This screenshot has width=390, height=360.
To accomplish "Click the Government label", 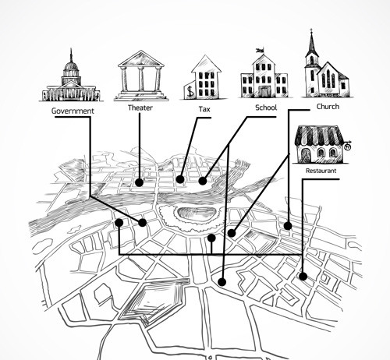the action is click(x=73, y=111).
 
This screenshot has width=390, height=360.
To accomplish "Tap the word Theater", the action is click(x=140, y=108).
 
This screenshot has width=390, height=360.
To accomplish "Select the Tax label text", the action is click(x=204, y=109).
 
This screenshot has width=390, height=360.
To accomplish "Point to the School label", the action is click(x=266, y=108).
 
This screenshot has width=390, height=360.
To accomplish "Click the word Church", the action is click(x=328, y=107).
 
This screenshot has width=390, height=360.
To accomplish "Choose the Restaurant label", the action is click(x=321, y=171).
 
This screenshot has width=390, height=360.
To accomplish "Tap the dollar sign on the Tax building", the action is click(x=191, y=91).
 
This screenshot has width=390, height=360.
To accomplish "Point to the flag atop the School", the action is click(x=261, y=50).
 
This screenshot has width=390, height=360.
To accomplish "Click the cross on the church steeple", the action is click(x=311, y=30).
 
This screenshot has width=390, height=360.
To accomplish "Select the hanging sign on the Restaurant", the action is click(x=348, y=147).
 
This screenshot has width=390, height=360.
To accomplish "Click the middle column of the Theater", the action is click(x=141, y=79).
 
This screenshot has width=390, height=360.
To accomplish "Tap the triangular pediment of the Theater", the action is click(x=141, y=58).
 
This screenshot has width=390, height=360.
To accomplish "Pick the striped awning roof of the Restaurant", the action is click(x=319, y=136).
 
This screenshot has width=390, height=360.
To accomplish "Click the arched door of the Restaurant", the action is click(x=306, y=155).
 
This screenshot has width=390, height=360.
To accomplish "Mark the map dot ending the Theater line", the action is click(x=140, y=182).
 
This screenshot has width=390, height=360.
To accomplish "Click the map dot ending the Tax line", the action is click(x=180, y=179).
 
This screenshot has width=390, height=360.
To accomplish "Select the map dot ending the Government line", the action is click(x=143, y=223).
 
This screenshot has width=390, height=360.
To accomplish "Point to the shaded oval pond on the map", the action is click(x=197, y=214).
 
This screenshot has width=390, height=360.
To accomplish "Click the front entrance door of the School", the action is click(x=264, y=91).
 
